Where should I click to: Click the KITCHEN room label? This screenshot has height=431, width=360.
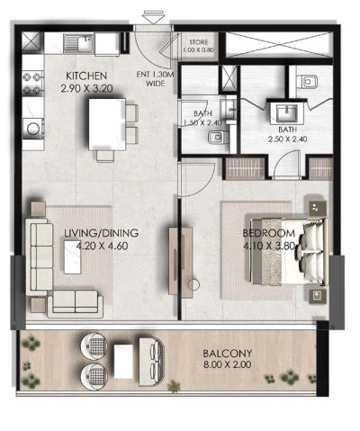(86, 76)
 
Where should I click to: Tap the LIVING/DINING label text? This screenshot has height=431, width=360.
(92, 233)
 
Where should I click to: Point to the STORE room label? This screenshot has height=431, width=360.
(198, 42)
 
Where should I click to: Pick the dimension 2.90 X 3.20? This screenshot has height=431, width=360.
(86, 88)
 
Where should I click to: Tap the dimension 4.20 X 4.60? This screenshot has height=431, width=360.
(92, 245)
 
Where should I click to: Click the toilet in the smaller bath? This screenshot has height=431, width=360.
(218, 139)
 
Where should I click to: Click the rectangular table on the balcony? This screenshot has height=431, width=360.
(123, 361)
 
